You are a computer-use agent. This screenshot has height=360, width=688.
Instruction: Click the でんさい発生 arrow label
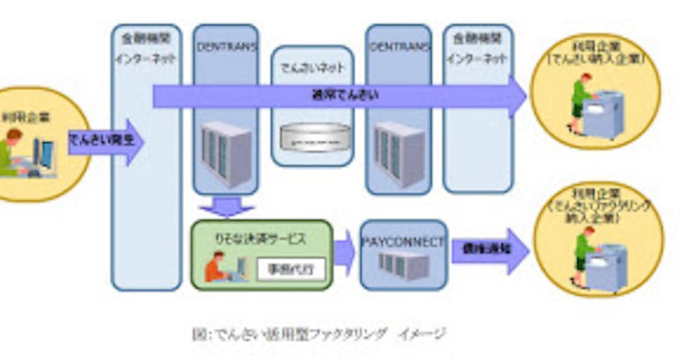click(x=101, y=140)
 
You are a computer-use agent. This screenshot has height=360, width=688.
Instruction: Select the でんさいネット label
click(x=312, y=68)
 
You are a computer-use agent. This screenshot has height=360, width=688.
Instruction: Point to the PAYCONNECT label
click(x=404, y=242)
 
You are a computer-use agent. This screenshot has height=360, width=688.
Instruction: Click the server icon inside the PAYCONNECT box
click(x=404, y=265)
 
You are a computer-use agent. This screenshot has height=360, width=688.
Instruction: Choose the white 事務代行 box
click(x=291, y=269)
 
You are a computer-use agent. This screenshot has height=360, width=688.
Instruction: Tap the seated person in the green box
click(x=216, y=267)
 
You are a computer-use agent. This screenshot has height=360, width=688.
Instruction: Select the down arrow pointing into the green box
click(x=226, y=206)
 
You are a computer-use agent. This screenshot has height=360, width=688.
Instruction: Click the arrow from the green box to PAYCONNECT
click(x=345, y=253)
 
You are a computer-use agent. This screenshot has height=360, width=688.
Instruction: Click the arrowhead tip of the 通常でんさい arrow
click(x=524, y=96)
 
